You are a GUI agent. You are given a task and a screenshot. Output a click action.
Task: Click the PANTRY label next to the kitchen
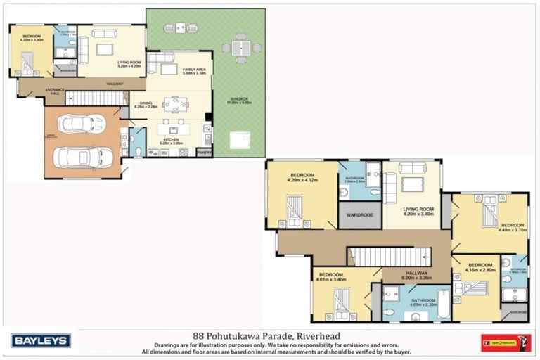point(204,152)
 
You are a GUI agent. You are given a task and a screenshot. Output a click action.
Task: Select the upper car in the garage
point(80,124)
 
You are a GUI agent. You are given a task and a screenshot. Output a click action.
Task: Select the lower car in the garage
point(83,157)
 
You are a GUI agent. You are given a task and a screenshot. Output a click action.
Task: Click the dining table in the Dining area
point(175,103)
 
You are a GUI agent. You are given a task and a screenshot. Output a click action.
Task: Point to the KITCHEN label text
point(172,139)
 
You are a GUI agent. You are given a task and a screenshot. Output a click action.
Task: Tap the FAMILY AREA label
point(193,70)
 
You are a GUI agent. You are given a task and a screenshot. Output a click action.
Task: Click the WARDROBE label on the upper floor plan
point(359,215)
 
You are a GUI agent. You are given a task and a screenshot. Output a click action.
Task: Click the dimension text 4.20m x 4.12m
point(303,180)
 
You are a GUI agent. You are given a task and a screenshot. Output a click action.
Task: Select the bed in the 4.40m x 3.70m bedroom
point(489,210)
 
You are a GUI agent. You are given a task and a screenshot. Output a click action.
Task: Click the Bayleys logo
point(40,341)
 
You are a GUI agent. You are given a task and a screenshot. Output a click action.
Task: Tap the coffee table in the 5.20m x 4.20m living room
point(105,49)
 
